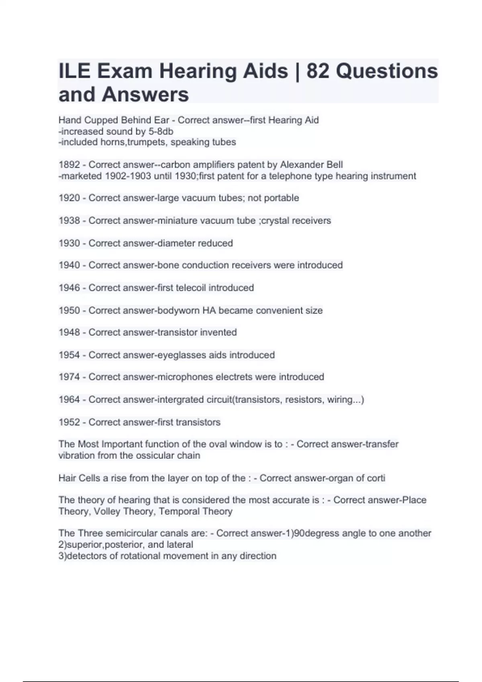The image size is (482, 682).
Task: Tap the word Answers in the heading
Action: coord(145,95)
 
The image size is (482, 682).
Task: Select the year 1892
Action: coord(69,165)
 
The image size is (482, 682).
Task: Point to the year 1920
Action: coord(69,198)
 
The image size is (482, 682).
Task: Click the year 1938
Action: coord(69,221)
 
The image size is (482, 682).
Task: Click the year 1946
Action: coord(69,288)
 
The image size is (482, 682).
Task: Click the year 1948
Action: coord(69,333)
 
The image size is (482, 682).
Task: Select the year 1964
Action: coord(69,400)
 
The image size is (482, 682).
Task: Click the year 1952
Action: coord(69,422)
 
